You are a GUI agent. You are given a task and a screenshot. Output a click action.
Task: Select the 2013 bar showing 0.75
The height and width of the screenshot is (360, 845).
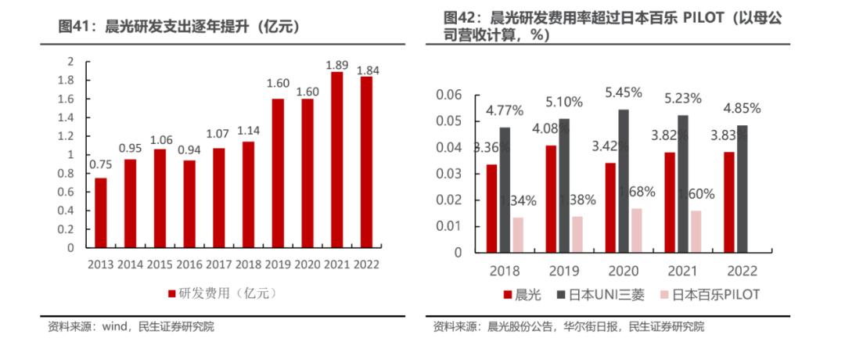coord(100,213)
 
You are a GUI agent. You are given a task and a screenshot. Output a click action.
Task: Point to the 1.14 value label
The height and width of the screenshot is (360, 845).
coord(249,131)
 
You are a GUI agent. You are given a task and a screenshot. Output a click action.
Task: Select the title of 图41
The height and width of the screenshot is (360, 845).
coord(180,27)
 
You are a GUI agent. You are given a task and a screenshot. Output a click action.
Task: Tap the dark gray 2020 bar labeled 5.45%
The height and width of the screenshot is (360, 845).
coord(623,181)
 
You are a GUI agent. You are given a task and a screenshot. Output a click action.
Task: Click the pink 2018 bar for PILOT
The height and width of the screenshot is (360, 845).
coord(517,235)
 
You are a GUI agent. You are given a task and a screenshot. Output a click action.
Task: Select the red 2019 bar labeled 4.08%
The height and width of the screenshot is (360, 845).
coord(551,199)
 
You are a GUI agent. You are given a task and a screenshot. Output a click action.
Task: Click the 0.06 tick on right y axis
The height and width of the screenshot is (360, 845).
coord(449,95)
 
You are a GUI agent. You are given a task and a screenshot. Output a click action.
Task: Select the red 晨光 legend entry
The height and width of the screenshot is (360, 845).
coord(520,295)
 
